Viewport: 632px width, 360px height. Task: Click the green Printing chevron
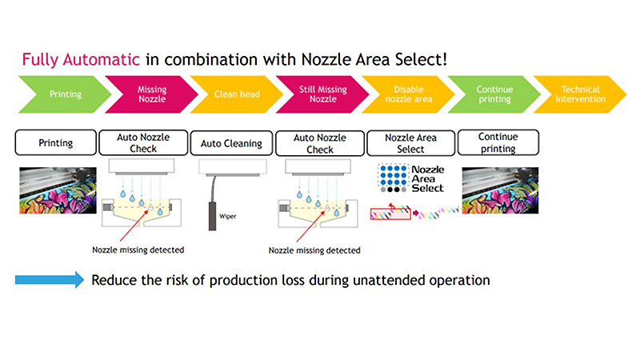(x=66, y=94)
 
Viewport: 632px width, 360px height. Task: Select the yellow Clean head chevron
(x=237, y=94)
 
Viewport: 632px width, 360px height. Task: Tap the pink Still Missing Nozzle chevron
(x=323, y=94)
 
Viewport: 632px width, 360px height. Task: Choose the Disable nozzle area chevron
(x=409, y=94)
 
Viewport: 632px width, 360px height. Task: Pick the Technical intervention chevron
(x=581, y=94)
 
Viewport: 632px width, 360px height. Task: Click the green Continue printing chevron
(x=494, y=94)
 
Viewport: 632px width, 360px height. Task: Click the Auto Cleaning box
(x=231, y=143)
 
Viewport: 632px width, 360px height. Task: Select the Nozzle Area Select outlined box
(x=410, y=143)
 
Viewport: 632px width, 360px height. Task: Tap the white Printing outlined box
(x=56, y=142)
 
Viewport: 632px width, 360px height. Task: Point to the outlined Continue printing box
(x=498, y=142)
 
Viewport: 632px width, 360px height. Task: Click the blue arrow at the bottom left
(x=50, y=280)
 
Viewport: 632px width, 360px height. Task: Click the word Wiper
(x=228, y=217)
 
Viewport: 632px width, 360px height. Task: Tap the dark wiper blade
(x=213, y=216)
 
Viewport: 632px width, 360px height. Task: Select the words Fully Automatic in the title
(x=81, y=60)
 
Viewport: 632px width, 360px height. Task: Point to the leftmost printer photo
(x=58, y=190)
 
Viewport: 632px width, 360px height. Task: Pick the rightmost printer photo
(x=500, y=190)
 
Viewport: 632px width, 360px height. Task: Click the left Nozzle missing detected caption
(x=138, y=250)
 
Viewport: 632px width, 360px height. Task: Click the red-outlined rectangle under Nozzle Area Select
(x=390, y=214)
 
